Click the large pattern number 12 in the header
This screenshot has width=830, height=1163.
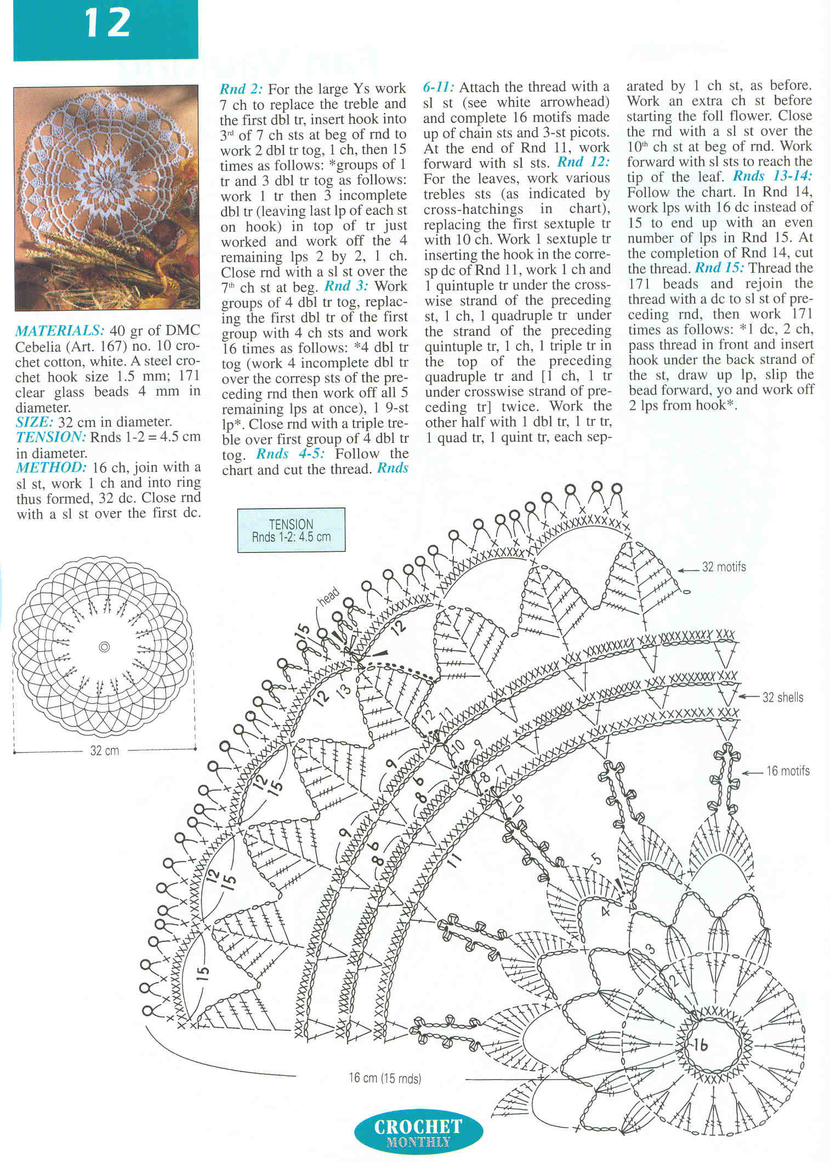tap(107, 25)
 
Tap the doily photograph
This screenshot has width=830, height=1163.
tap(106, 197)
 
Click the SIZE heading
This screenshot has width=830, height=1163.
tap(34, 422)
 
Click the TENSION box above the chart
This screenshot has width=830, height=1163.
tap(291, 530)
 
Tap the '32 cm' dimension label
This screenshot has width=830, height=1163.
tap(104, 751)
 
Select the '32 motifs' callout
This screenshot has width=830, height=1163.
tap(724, 567)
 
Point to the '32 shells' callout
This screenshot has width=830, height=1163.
tap(782, 698)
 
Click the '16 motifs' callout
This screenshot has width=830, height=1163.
tap(787, 771)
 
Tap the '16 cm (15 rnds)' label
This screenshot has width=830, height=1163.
tap(385, 1078)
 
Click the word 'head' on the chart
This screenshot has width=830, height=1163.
tap(329, 597)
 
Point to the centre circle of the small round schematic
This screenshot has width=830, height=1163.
tap(104, 647)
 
